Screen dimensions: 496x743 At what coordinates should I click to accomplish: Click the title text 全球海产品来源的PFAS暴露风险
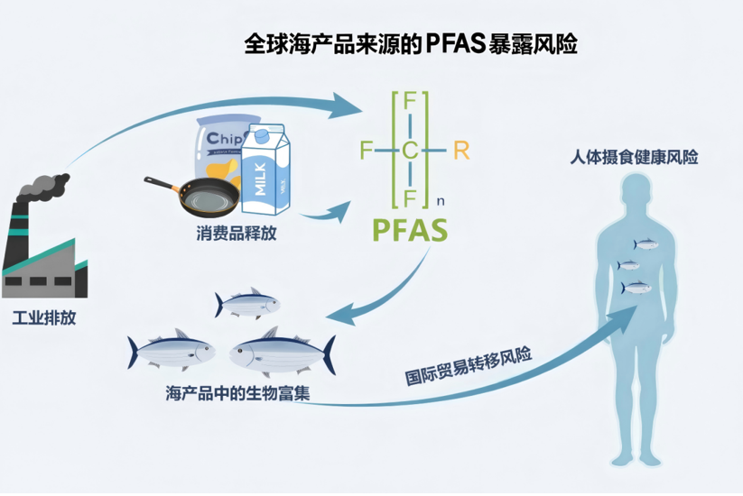411,42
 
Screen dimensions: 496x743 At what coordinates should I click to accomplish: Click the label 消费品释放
237,234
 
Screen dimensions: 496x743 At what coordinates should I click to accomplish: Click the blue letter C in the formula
411,151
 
